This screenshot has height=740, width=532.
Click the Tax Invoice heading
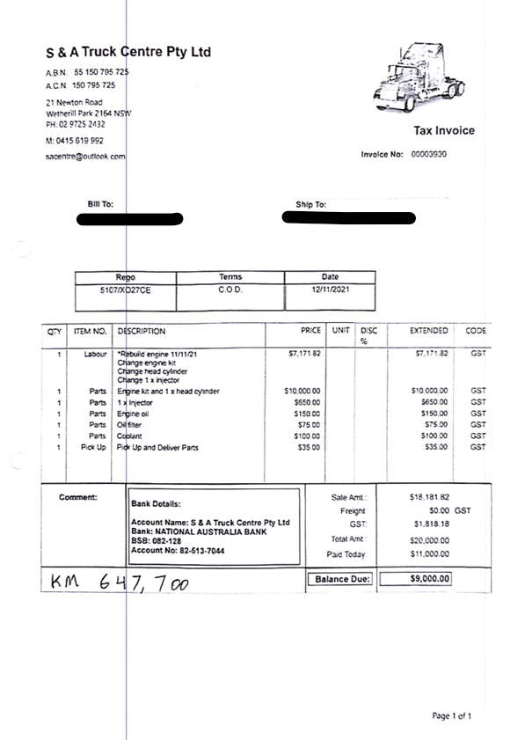pyautogui.click(x=444, y=131)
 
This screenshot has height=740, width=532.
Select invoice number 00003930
pyautogui.click(x=429, y=154)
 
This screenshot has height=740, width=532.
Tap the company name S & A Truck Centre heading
pyautogui.click(x=128, y=52)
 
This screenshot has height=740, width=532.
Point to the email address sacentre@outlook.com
pyautogui.click(x=85, y=156)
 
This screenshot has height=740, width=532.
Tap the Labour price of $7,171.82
pyautogui.click(x=304, y=354)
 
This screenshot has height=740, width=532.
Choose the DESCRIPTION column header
pyautogui.click(x=142, y=332)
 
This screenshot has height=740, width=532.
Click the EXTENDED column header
pyautogui.click(x=429, y=332)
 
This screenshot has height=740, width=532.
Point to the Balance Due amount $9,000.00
pyautogui.click(x=429, y=579)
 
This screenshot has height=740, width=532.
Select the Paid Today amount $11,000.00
pyautogui.click(x=429, y=553)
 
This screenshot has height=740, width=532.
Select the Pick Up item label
pyautogui.click(x=92, y=447)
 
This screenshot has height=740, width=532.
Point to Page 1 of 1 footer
pyautogui.click(x=453, y=716)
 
